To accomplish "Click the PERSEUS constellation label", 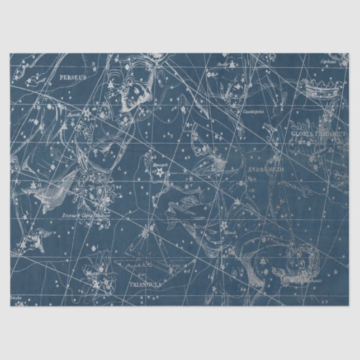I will click(73, 78).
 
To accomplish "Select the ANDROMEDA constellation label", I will click(265, 169).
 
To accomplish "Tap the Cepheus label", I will click(328, 61).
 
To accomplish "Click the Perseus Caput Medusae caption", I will click(86, 214).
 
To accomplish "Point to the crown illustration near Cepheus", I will click(323, 87).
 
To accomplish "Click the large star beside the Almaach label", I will click(158, 174).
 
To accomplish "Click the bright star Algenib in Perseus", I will click(88, 115).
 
